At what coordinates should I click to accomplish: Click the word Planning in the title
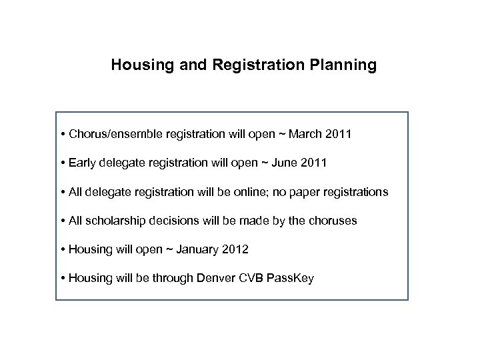click(x=344, y=65)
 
